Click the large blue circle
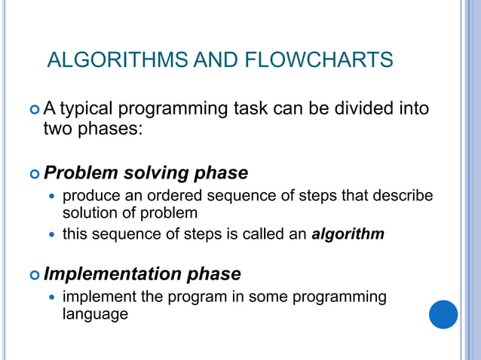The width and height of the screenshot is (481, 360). coord(443,314)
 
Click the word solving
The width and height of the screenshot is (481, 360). coord(160,173)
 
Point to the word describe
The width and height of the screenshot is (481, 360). coord(404,196)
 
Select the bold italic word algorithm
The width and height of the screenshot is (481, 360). coord(348,234)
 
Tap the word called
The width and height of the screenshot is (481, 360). coord(265,234)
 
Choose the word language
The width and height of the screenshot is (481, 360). coord(95,314)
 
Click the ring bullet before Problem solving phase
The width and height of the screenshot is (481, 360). coord(33,174)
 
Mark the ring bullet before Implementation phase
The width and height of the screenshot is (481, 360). coord(33,274)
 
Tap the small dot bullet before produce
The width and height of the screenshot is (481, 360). coord(51,197)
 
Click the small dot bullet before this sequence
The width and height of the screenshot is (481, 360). coord(51,235)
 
